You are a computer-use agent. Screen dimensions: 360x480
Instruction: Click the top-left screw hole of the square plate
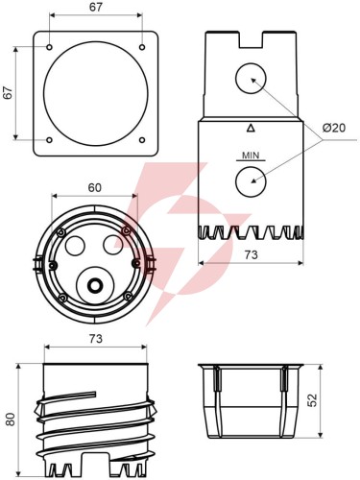(49, 47)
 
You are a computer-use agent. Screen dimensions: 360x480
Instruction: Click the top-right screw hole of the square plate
(142, 47)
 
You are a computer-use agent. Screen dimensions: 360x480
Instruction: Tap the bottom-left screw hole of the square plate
(49, 140)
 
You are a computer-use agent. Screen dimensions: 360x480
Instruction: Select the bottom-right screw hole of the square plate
(142, 140)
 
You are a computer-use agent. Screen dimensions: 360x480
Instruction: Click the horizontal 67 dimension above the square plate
(96, 7)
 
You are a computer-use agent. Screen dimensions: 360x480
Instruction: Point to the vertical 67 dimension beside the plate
(8, 93)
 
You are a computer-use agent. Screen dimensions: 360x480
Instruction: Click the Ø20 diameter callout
(334, 128)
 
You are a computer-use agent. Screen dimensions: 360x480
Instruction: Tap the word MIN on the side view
(251, 156)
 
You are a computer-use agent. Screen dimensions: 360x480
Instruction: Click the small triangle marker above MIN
(251, 129)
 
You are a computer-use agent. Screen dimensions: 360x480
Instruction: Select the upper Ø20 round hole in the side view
(251, 79)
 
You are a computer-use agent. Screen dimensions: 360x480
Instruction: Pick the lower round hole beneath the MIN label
(251, 181)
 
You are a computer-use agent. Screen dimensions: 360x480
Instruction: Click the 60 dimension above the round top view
(95, 188)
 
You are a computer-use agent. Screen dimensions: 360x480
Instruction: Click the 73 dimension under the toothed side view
(251, 254)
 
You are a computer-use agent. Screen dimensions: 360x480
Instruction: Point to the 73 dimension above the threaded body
(96, 339)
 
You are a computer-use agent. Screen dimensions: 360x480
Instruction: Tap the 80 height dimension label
(11, 420)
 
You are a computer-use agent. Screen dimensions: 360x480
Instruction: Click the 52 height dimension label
(312, 400)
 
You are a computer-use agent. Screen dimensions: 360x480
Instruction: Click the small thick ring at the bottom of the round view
(95, 285)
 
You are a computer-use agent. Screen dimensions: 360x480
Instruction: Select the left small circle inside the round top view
(75, 246)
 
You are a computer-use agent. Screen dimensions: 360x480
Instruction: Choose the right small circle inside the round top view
(112, 245)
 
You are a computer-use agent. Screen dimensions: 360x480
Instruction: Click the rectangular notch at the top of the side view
(251, 39)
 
